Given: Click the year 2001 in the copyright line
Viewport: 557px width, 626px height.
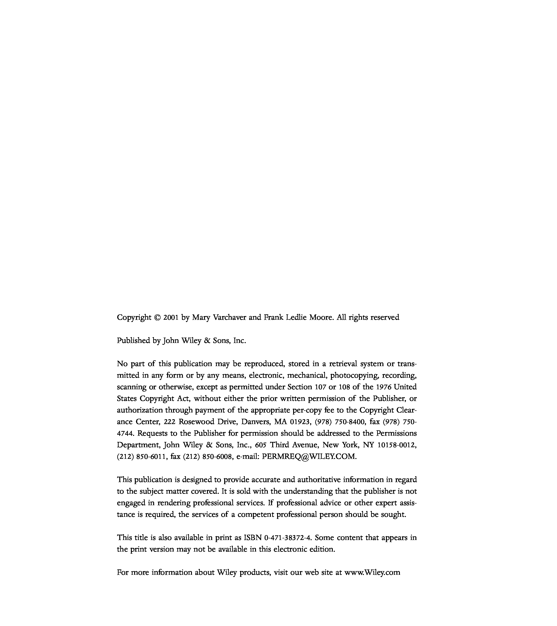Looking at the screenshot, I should [x=171, y=318].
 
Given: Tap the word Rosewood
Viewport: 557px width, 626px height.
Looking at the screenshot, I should [x=197, y=422].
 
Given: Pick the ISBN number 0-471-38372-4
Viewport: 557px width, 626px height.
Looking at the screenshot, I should [x=288, y=538].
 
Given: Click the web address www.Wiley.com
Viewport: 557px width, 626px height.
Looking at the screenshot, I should [x=372, y=572].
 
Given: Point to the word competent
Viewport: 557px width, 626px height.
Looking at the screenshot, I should [x=256, y=514].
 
